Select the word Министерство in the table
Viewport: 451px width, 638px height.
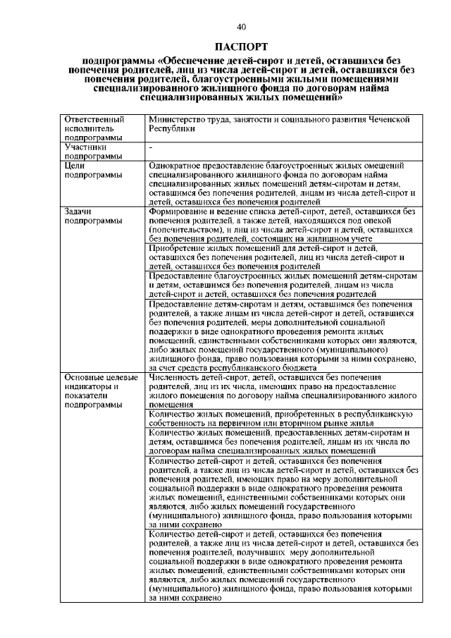pyautogui.click(x=176, y=120)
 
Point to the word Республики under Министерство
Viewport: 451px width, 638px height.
pyautogui.click(x=170, y=130)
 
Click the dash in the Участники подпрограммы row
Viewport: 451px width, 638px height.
pyautogui.click(x=152, y=147)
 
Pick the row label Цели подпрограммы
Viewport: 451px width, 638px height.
pyautogui.click(x=91, y=169)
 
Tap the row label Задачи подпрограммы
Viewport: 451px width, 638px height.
pyautogui.click(x=91, y=215)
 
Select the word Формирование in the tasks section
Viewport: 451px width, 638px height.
pyautogui.click(x=180, y=211)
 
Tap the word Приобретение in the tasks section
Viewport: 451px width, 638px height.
pyautogui.click(x=180, y=248)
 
